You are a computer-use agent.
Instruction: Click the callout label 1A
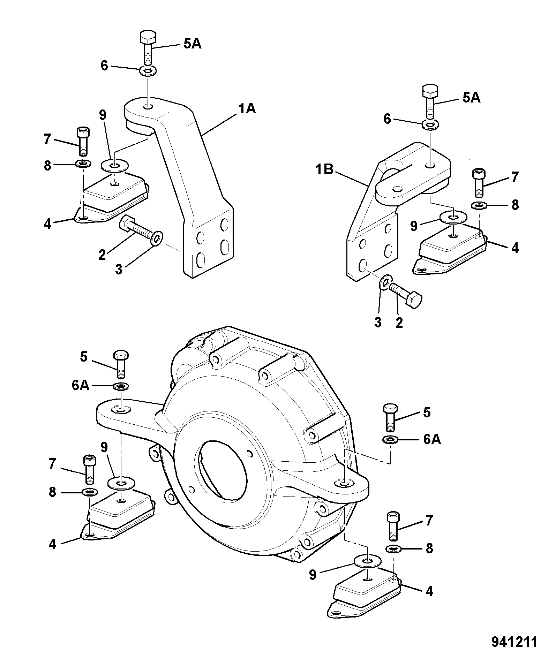(x=247, y=109)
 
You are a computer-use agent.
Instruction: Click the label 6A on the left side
(x=81, y=386)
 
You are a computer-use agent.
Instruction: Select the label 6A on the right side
(x=432, y=440)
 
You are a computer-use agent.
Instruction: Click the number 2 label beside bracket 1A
(x=102, y=255)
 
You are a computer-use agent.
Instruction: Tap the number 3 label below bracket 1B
(x=378, y=322)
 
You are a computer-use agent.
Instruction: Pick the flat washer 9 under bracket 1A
(x=115, y=165)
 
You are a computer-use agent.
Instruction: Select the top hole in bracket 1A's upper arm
(x=148, y=106)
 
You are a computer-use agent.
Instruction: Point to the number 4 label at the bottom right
(x=430, y=591)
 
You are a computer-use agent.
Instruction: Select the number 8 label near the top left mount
(x=47, y=166)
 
